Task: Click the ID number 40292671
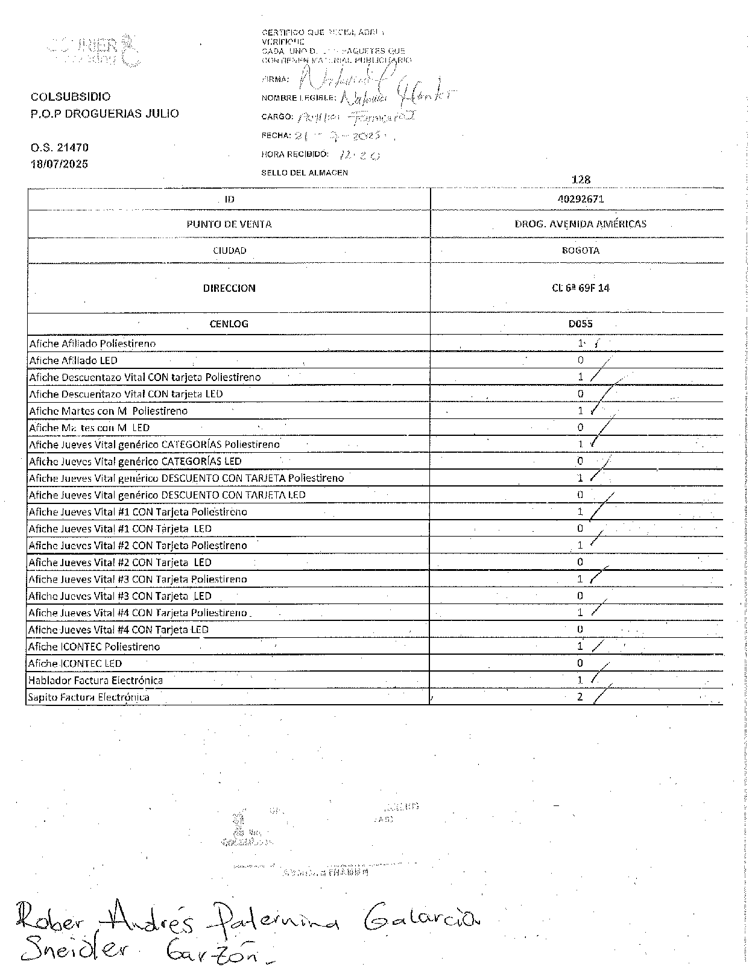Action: (581, 199)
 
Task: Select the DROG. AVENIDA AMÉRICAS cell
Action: (580, 224)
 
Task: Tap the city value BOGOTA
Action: (580, 250)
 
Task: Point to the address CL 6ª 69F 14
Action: (580, 288)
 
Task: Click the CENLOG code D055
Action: (580, 324)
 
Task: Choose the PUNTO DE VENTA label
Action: (229, 224)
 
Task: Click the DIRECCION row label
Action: (229, 288)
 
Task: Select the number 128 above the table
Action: (581, 180)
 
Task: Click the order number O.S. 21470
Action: (60, 147)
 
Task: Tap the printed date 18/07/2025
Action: (60, 164)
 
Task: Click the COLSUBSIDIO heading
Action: (71, 96)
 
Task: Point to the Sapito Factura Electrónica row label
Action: (89, 698)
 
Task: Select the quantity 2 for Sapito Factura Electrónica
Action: (580, 697)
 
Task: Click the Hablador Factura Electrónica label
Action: (96, 681)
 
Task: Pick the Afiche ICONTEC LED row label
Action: (75, 664)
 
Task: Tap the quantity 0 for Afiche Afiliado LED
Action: (581, 361)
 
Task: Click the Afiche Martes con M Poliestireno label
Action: (109, 411)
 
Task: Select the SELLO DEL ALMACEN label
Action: (305, 173)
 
